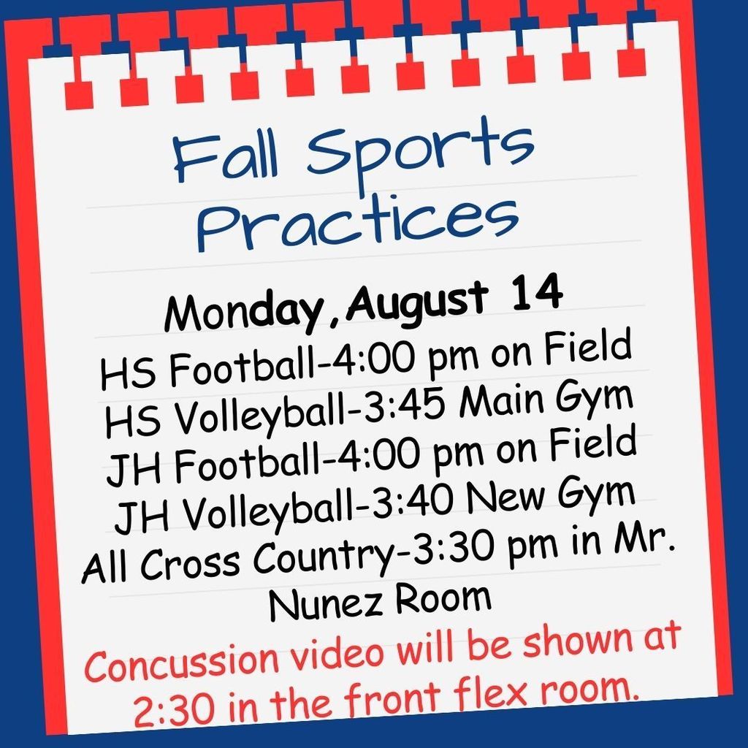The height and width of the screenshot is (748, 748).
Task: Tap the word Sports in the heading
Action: tap(420, 147)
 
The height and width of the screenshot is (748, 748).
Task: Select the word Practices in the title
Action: tap(358, 222)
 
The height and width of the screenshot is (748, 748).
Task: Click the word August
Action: tap(417, 303)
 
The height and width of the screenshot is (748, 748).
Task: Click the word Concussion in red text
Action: tap(181, 661)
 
